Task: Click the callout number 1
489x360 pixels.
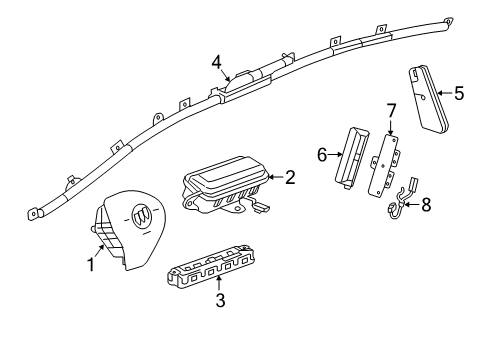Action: [x=90, y=265]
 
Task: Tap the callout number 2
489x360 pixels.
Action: [x=290, y=178]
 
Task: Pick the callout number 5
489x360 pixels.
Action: [x=459, y=94]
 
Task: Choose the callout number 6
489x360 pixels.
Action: [x=322, y=154]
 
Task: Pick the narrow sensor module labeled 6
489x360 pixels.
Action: [x=355, y=156]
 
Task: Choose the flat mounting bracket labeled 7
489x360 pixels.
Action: [x=387, y=161]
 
